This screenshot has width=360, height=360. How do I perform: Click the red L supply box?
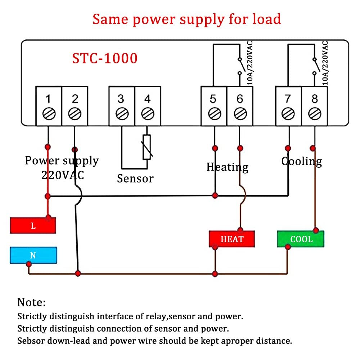33,226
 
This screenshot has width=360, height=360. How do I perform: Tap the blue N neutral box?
33,255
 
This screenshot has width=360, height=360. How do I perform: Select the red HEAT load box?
232,239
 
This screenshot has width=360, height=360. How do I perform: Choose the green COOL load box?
301,239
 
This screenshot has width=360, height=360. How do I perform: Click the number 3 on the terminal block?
121,98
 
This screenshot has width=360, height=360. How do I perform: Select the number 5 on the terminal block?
213,98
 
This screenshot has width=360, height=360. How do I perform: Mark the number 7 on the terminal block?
288,98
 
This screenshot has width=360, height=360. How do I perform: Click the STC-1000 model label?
105,58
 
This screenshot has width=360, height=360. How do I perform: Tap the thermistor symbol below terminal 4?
147,147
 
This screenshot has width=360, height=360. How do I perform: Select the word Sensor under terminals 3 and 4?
135,178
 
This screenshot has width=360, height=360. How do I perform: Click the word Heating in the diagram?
227,167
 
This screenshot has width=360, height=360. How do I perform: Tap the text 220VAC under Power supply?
63,175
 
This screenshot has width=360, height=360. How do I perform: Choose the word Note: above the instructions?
32,302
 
